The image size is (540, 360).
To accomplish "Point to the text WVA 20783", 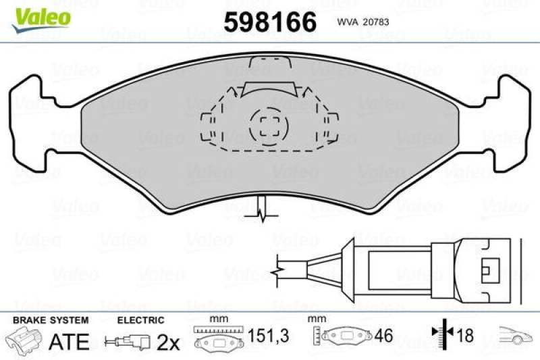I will (x=361, y=21).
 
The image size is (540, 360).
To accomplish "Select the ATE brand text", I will (x=69, y=342).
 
